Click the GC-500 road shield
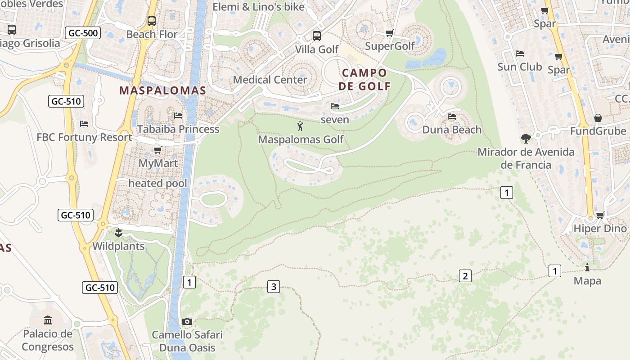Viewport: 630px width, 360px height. [x=83, y=33]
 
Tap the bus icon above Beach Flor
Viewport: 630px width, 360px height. [x=152, y=21]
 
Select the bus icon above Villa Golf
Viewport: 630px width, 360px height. [x=317, y=36]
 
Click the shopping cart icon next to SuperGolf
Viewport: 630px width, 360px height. [x=390, y=33]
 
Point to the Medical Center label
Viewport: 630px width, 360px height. [x=270, y=80]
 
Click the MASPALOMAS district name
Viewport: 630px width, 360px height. [x=162, y=90]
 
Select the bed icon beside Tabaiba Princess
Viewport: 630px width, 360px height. [x=178, y=116]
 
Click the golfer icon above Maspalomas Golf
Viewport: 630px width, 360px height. [x=301, y=126]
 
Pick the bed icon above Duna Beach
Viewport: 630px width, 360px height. [x=452, y=117]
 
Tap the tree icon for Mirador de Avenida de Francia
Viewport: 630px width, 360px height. [x=526, y=138]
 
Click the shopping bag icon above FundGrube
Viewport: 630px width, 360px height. [x=598, y=118]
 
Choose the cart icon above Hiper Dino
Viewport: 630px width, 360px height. [x=600, y=215]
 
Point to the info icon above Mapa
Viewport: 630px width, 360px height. [x=587, y=267]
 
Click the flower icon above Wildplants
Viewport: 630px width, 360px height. [x=118, y=233]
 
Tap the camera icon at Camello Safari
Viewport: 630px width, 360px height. [x=187, y=321]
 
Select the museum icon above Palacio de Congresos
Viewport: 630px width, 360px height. [x=48, y=320]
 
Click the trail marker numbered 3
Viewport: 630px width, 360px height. [x=274, y=286]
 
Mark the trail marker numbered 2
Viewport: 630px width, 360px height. [x=465, y=276]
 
